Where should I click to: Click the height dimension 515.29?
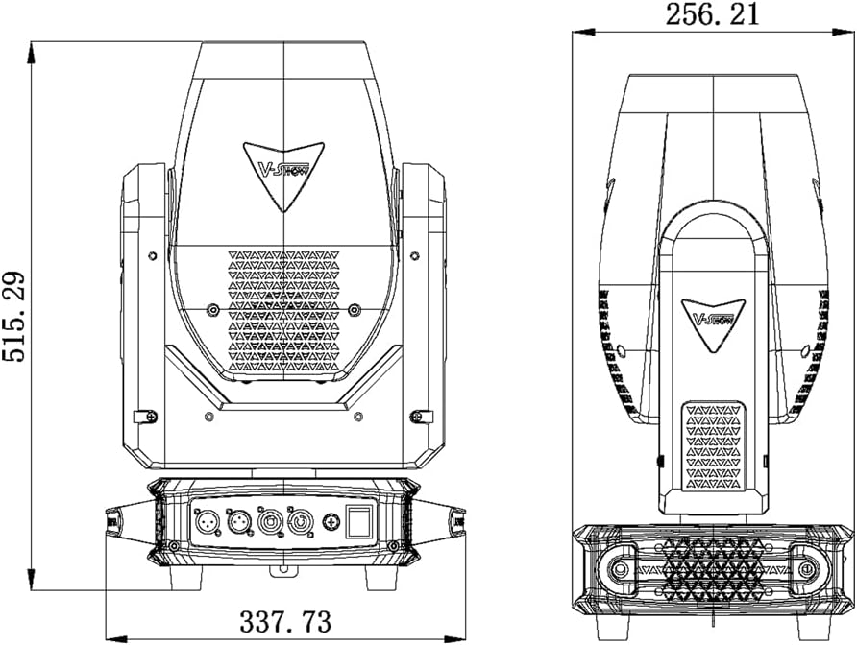[13, 316]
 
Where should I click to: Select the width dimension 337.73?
[285, 622]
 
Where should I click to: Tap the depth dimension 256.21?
[712, 14]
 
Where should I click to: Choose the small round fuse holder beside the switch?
[331, 521]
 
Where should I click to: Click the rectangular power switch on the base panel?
[358, 520]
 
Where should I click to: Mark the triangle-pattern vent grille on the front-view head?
[283, 311]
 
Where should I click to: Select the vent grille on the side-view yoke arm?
[713, 446]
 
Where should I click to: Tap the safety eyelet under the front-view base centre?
[283, 570]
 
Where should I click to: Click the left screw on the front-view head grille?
[212, 310]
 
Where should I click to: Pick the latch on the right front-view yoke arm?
[421, 416]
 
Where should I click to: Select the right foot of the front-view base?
[381, 578]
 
